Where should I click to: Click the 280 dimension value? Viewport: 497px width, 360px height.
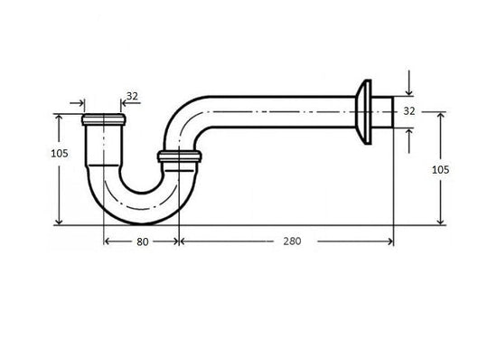(x=291, y=242)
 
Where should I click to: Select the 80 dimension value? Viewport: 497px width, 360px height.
(x=142, y=242)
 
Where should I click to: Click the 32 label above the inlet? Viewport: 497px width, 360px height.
(x=132, y=95)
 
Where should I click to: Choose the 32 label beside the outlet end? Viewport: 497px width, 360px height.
(x=408, y=111)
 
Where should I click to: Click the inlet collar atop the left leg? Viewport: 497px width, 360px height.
(x=102, y=120)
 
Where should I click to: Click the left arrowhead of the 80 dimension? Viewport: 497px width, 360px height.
(x=108, y=241)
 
